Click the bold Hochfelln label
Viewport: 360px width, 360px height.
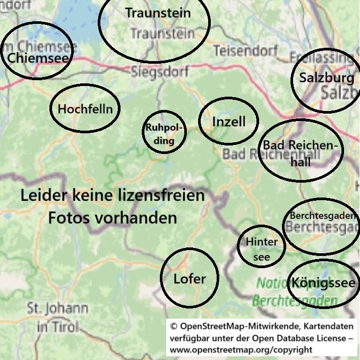(x=85, y=109)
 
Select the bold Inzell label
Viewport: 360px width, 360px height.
(x=229, y=122)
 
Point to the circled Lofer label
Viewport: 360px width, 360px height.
(x=189, y=278)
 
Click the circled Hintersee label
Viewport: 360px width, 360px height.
(x=262, y=250)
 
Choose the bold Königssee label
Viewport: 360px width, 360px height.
(x=323, y=283)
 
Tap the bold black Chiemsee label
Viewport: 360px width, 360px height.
(x=39, y=57)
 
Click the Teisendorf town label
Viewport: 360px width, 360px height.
(x=245, y=50)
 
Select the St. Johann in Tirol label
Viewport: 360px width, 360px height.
(x=58, y=317)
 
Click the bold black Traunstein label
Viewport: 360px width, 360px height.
(x=158, y=13)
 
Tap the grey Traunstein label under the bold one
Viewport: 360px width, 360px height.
(x=162, y=33)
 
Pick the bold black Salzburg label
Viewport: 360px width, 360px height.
(x=326, y=78)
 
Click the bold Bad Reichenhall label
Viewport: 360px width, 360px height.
(x=301, y=153)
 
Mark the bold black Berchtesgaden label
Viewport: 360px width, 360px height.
(x=322, y=216)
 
